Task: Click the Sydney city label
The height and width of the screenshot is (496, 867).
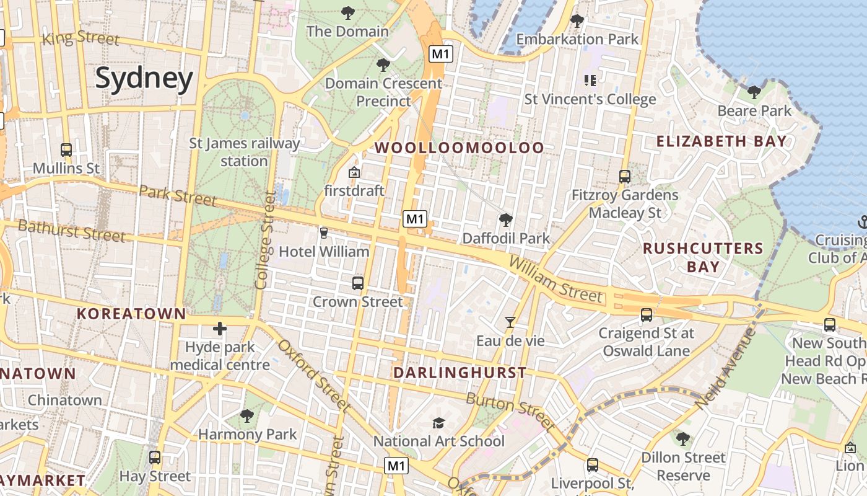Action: coord(144,79)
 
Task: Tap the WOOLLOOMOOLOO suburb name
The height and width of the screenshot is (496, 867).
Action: coord(459,148)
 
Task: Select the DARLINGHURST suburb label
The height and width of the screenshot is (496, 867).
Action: coord(460,373)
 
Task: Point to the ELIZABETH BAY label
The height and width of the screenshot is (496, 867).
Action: coord(721,141)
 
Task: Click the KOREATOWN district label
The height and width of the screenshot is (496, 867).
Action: coord(131,314)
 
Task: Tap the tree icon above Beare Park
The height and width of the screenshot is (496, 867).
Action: coord(754,92)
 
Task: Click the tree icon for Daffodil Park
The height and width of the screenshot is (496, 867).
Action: coord(506,220)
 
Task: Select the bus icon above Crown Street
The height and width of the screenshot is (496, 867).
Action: coord(358,283)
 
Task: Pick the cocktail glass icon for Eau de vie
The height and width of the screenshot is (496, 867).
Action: coord(510,322)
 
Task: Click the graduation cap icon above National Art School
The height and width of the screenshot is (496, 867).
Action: coord(439,423)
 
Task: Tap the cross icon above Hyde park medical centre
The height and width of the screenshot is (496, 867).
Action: coord(220,328)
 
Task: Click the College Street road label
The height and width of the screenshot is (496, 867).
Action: coord(264,240)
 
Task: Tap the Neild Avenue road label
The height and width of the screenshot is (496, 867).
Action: coord(725,368)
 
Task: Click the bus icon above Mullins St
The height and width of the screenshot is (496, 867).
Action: coord(66,150)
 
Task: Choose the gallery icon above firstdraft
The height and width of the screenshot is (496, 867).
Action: coord(354,172)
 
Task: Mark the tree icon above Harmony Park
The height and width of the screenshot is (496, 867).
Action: coord(247,415)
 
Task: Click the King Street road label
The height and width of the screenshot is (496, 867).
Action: coord(81,38)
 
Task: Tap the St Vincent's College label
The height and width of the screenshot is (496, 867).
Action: coord(590,99)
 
